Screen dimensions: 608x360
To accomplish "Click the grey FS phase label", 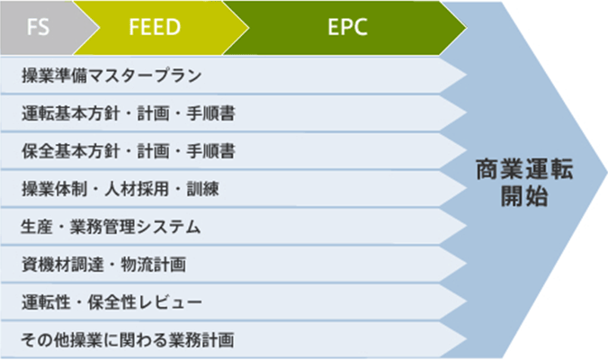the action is click(38, 27).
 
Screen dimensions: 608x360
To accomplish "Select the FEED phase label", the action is click(155, 27).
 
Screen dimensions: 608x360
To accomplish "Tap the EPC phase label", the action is click(347, 27).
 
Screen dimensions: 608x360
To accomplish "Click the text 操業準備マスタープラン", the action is click(112, 76).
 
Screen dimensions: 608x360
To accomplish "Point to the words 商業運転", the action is click(524, 169).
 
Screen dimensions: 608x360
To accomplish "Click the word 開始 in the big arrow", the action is click(524, 196).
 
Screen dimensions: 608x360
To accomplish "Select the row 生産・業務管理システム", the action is click(111, 227).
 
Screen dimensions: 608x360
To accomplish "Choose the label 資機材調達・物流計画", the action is click(103, 265).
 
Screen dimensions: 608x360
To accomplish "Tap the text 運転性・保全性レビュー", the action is click(112, 302).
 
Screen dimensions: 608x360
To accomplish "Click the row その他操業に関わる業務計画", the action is click(128, 340).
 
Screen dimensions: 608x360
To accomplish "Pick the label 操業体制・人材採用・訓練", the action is click(121, 189).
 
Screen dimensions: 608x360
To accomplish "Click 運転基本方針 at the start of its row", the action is click(70, 113).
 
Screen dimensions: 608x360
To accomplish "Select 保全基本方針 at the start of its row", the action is click(70, 151).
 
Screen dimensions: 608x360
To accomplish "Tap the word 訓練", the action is click(202, 189).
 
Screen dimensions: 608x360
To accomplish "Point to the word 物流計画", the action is click(153, 265).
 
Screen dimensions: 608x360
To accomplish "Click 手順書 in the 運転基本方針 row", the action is click(211, 113).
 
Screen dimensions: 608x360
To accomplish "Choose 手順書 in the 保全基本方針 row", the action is click(211, 151).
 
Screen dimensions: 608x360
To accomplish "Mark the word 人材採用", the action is click(137, 189).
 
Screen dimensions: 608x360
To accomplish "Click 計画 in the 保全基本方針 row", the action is click(153, 151).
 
